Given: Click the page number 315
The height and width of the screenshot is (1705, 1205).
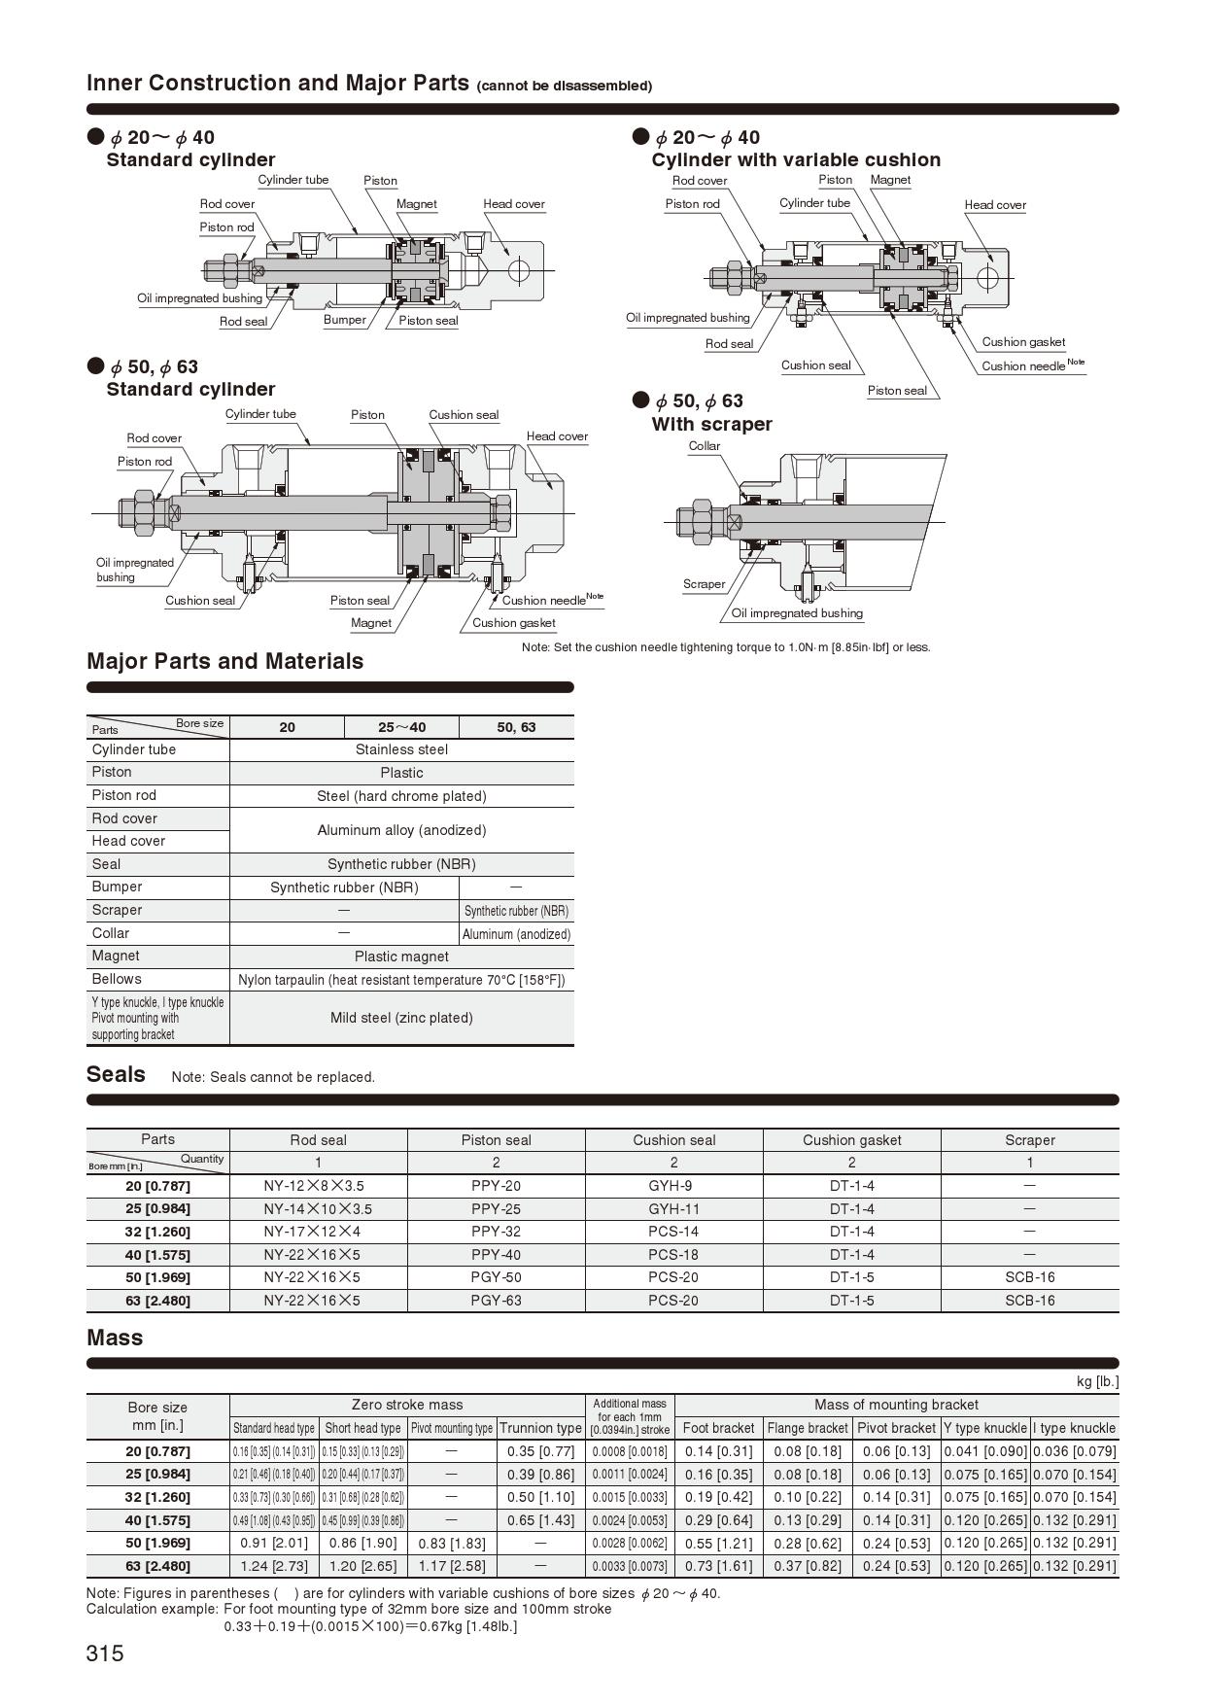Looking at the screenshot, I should click(x=105, y=1653).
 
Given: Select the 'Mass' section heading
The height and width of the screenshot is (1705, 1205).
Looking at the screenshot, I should click(x=115, y=1338).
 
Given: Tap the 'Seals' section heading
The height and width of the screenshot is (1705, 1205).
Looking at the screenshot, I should click(x=116, y=1074).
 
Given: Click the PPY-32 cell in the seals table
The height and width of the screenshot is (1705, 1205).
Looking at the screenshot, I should click(x=496, y=1231).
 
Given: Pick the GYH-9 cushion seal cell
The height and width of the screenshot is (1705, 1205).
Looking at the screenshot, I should click(x=673, y=1185).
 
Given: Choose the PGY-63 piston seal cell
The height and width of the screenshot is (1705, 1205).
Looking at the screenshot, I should click(x=496, y=1300).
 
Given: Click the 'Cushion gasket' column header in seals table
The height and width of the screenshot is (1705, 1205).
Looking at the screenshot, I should click(x=851, y=1139).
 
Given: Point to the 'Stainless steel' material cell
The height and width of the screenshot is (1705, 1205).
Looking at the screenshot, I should click(x=401, y=749).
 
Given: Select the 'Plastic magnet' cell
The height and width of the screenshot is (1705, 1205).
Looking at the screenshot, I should click(x=401, y=957).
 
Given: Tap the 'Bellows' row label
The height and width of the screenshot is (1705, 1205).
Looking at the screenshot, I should click(x=117, y=979).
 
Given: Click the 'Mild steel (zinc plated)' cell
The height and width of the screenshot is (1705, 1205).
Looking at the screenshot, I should click(x=401, y=1018).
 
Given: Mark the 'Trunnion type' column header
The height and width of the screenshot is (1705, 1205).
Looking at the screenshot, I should click(x=540, y=1428).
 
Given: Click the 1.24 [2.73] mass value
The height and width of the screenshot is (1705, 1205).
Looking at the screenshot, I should click(x=274, y=1566).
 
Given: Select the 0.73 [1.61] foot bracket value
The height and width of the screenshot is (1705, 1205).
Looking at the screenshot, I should click(x=718, y=1566).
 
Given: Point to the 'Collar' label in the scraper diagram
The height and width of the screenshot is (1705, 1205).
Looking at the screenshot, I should click(x=705, y=446).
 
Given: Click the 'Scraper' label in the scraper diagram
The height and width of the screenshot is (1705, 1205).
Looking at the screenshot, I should click(x=704, y=584).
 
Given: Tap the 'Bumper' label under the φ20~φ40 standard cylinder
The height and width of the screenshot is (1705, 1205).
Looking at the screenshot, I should click(x=345, y=320).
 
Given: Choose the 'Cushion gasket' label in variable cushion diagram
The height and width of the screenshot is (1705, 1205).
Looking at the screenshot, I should click(x=1023, y=342).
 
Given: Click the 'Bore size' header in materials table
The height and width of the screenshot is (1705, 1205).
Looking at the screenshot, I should click(x=199, y=723).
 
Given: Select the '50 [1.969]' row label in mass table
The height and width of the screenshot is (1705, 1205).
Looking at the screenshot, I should click(x=157, y=1543).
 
